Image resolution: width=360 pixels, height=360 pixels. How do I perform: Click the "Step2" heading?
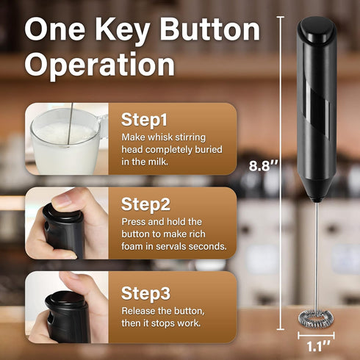[x=144, y=204]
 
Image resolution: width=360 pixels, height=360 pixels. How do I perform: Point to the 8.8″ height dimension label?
[x=262, y=166]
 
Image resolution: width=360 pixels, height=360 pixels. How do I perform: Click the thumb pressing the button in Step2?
[x=70, y=200]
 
